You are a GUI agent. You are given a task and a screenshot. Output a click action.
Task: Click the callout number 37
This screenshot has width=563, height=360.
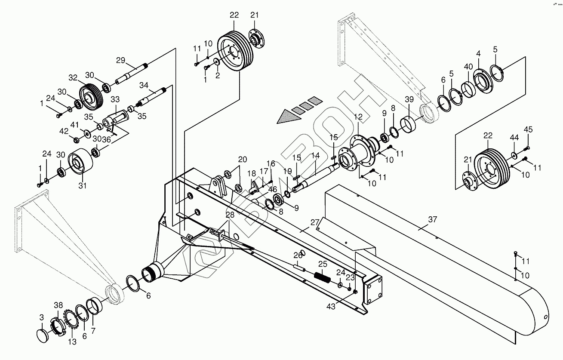coord(432,219)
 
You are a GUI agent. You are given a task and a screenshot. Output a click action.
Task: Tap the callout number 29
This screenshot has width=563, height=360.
coord(120,60)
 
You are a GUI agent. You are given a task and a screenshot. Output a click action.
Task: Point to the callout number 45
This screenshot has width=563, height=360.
coord(528,129)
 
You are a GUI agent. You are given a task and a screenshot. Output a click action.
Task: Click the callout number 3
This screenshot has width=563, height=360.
coord(42,317)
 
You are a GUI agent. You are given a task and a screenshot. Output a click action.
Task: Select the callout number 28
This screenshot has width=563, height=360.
coord(230,215)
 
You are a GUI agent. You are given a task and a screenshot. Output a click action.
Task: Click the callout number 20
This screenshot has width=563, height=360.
coord(243,159)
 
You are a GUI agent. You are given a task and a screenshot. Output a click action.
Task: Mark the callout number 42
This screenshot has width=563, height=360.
coord(64,131)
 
